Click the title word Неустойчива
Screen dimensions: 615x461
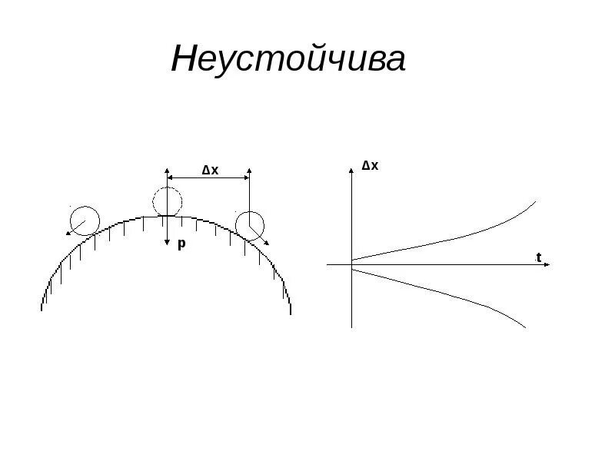pos(288,60)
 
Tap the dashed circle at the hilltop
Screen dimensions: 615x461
pos(167,203)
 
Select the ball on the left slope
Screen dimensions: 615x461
pos(85,221)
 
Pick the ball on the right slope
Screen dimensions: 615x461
pos(249,225)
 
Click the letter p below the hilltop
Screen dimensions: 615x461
pos(181,244)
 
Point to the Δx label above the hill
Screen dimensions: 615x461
pos(210,170)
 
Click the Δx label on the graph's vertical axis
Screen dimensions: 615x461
pos(370,165)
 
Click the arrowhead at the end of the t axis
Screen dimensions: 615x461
pos(548,264)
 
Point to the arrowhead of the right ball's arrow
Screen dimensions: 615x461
pos(266,243)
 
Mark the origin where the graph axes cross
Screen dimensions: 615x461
pos(351,264)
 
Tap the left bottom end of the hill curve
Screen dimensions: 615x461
pos(42,309)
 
